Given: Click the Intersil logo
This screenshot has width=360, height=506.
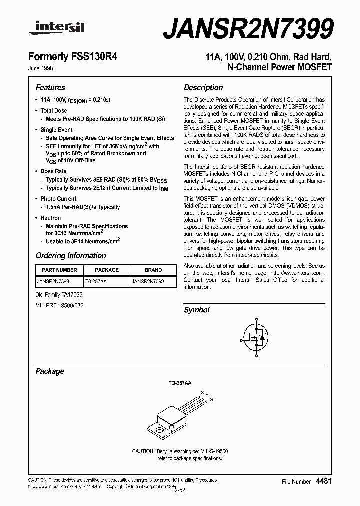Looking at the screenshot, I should [x=57, y=29].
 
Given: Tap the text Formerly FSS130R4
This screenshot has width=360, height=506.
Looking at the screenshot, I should [x=76, y=57].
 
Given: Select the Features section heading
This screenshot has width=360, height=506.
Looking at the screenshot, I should [x=50, y=87].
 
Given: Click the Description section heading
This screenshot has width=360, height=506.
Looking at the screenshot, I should [x=203, y=87].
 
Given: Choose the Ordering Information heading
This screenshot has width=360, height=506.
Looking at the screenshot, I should [x=71, y=255].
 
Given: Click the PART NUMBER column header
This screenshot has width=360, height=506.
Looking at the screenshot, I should [x=57, y=270].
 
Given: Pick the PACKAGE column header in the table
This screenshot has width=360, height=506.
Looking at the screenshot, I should [x=107, y=270].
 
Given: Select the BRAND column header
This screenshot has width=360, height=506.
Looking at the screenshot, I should [x=153, y=270].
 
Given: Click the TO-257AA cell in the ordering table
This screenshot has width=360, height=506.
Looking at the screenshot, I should [x=96, y=281].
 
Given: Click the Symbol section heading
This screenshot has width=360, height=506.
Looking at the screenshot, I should [x=197, y=310].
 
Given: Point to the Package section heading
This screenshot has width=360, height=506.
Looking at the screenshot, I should [x=50, y=371].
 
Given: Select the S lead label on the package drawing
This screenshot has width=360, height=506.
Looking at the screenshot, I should [x=202, y=392].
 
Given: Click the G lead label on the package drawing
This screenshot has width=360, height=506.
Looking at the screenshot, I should [x=211, y=399].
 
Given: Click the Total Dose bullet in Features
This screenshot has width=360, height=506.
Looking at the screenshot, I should [x=54, y=111].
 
